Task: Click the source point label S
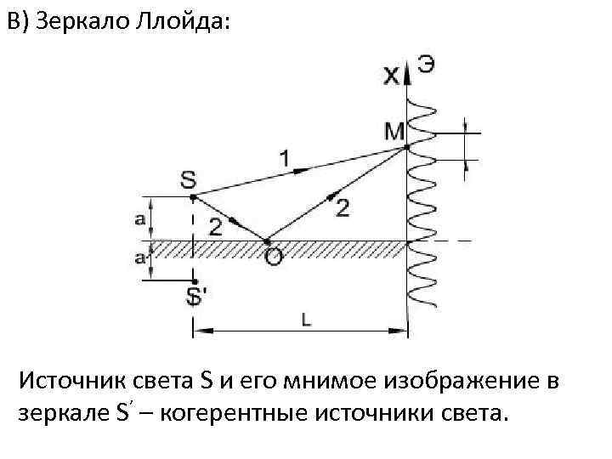188,179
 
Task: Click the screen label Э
426,65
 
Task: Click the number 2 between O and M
342,207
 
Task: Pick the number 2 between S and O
216,226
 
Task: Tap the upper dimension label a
139,218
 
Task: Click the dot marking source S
194,197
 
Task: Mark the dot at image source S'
195,281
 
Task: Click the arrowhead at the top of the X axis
409,75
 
